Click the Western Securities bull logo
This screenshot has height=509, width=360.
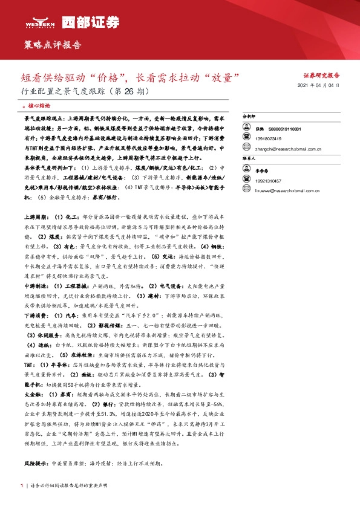click(40, 21)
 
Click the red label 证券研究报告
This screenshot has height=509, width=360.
click(321, 76)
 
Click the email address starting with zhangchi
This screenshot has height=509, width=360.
click(277, 148)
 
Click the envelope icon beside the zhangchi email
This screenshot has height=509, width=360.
click(246, 148)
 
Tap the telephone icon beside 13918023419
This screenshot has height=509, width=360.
click(246, 138)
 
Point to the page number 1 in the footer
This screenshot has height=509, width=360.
click(22, 485)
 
